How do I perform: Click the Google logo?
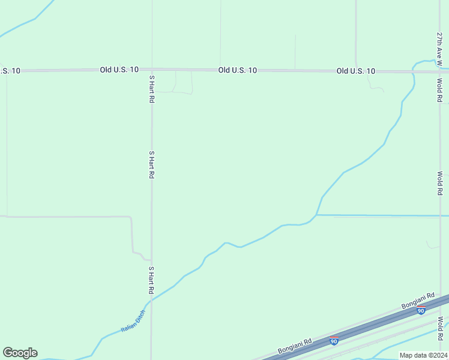click(x=20, y=353)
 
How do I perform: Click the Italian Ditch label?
click(x=133, y=320)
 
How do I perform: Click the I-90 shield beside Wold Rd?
click(x=422, y=310)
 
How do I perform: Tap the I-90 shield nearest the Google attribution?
click(x=334, y=341)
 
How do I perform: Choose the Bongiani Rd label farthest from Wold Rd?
click(x=295, y=346)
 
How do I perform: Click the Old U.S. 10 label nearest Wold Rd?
click(x=356, y=71)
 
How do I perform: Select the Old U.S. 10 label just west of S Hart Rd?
click(x=119, y=70)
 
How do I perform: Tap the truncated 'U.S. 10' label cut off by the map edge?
click(x=10, y=71)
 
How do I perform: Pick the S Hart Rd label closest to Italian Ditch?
click(x=152, y=280)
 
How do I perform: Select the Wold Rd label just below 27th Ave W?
click(x=439, y=90)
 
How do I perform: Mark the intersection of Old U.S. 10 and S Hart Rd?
click(x=152, y=70)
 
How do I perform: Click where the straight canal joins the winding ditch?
click(x=316, y=214)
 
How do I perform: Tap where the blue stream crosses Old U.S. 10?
click(x=414, y=72)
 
